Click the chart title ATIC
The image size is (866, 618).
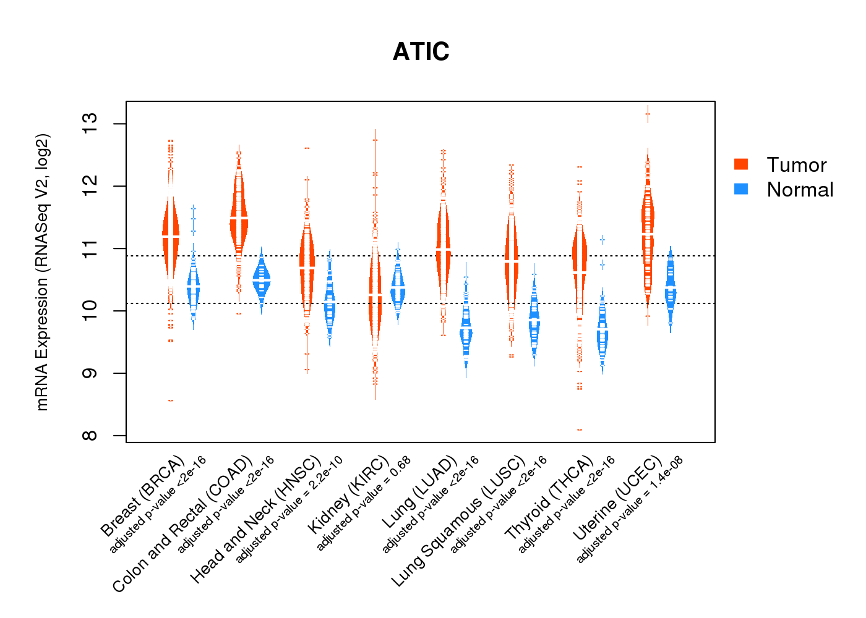[x=421, y=52]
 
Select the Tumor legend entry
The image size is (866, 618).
[x=795, y=165]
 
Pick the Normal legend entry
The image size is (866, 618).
[x=799, y=190]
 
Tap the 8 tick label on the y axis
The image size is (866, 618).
[x=90, y=435]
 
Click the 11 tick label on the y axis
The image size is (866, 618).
[x=90, y=248]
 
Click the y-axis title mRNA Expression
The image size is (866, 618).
[x=42, y=272]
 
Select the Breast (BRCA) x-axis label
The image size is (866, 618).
[x=143, y=497]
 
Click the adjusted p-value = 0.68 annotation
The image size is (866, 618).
[x=364, y=504]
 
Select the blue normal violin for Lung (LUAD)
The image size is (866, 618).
[x=466, y=334]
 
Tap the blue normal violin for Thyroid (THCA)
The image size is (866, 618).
[x=602, y=334]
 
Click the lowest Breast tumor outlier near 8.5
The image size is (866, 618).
[x=171, y=400]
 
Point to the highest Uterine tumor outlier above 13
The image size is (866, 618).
[x=648, y=114]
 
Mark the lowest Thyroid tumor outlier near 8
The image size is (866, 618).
[x=580, y=430]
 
